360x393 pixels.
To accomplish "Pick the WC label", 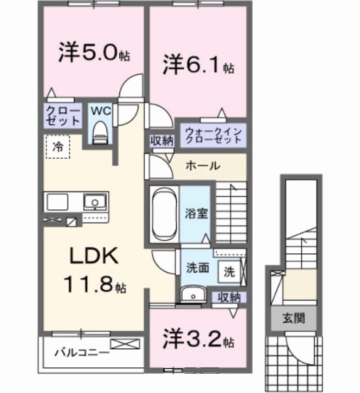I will click(x=99, y=111).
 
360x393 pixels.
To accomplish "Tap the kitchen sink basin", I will click(x=93, y=203).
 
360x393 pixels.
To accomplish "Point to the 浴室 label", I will click(x=197, y=213).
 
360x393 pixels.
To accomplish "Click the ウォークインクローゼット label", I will click(x=213, y=134).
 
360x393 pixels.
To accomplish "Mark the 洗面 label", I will click(x=197, y=270).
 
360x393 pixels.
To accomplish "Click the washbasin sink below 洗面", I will click(x=190, y=297).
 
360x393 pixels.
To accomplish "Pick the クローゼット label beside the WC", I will click(x=62, y=115).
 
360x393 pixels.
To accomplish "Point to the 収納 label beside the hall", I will click(x=161, y=140).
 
